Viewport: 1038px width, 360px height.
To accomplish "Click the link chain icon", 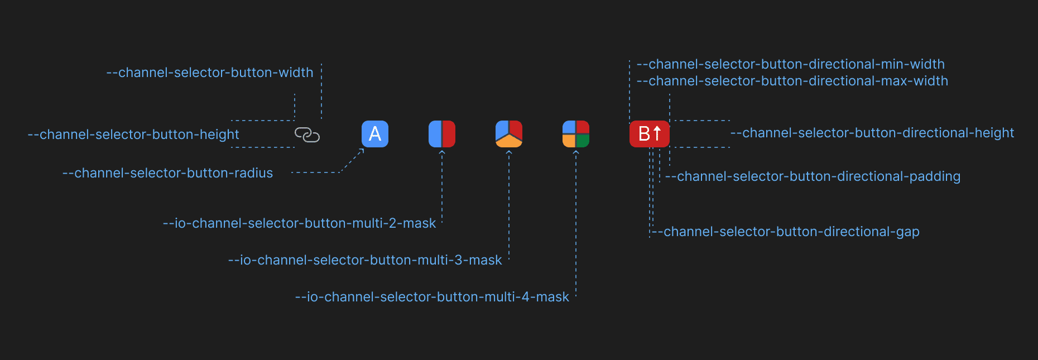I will point(307,135).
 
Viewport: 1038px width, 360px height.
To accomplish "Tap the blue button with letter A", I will point(375,134).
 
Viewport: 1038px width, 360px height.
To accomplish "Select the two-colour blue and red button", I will point(442,134).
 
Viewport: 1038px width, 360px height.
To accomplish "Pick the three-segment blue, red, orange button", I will point(509,134).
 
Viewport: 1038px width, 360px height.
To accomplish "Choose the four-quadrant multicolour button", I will point(576,134).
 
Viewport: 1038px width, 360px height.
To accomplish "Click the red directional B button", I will point(650,134).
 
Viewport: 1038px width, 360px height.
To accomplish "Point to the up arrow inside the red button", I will point(657,133).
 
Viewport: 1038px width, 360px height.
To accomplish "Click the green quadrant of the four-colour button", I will point(583,141).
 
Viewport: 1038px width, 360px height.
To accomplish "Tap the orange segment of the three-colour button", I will point(509,142).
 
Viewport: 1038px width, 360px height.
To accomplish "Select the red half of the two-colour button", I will point(449,134).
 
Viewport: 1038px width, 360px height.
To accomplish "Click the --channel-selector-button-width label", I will point(210,73).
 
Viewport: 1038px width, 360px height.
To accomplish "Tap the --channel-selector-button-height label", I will point(133,135).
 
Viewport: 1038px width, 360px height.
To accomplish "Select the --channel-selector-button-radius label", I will point(167,173).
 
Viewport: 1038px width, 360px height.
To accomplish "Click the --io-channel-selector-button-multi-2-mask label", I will point(299,223).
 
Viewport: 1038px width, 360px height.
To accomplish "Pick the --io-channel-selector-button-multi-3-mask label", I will point(365,260).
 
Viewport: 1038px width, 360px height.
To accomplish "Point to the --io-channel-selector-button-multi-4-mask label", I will point(432,297).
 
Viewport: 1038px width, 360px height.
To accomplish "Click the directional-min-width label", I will point(790,64).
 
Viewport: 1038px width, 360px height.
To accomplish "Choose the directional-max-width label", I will point(792,81).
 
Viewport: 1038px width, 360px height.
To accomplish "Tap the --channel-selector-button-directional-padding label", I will point(813,176).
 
